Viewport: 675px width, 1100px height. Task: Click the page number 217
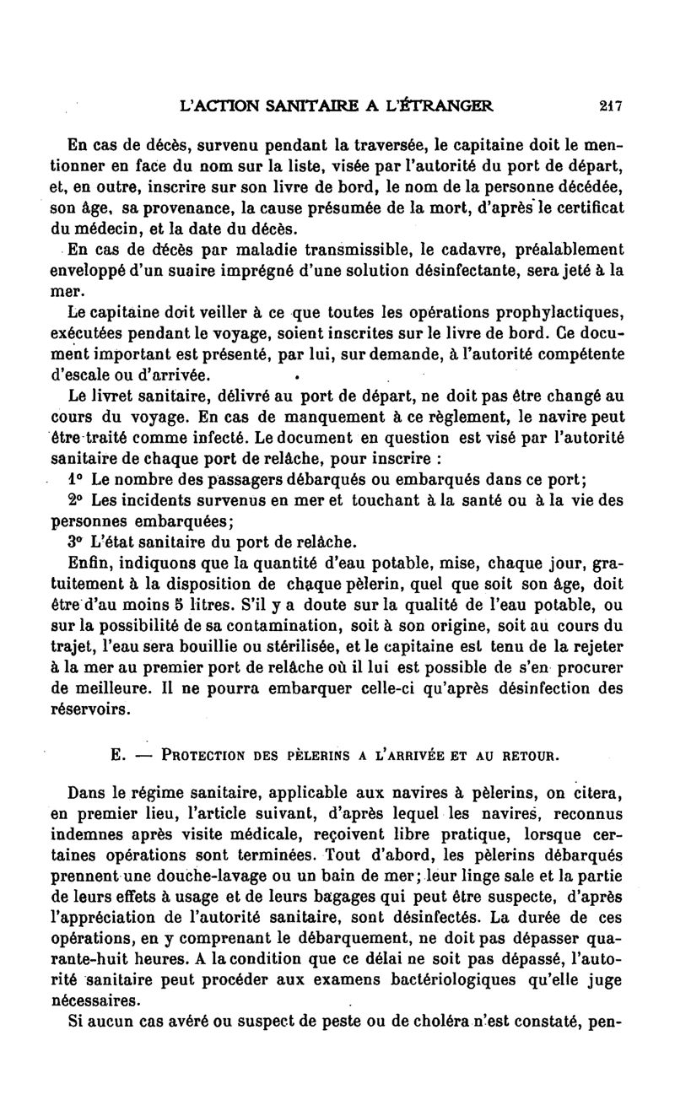tap(610, 106)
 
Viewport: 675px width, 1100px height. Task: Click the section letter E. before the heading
tap(119, 756)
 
